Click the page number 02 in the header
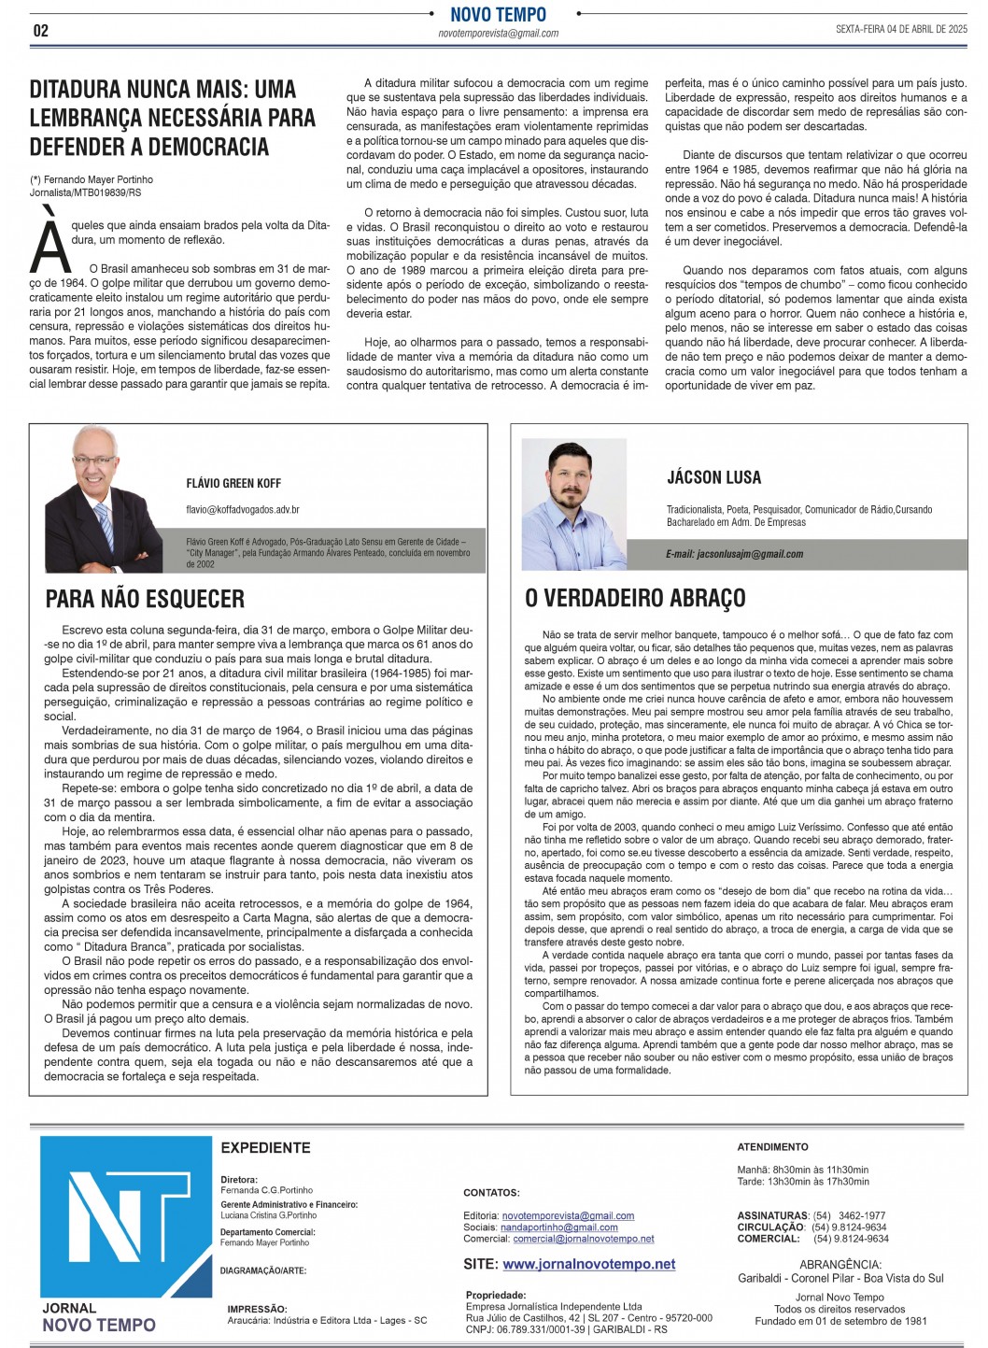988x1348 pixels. click(40, 30)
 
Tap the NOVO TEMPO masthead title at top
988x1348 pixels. click(498, 14)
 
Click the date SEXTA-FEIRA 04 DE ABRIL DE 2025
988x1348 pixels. click(901, 29)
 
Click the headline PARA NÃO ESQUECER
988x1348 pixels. click(145, 599)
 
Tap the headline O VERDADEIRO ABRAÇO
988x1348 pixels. click(635, 598)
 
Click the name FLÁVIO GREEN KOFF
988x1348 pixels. click(233, 483)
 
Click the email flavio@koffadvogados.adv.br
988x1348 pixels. click(243, 510)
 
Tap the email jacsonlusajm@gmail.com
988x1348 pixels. click(734, 554)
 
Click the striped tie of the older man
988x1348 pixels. click(105, 527)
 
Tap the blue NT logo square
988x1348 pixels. click(126, 1217)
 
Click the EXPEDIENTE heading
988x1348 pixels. click(265, 1147)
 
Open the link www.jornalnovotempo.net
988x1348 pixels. click(588, 1264)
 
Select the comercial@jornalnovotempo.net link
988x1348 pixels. click(583, 1239)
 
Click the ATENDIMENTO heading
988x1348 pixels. click(772, 1146)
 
